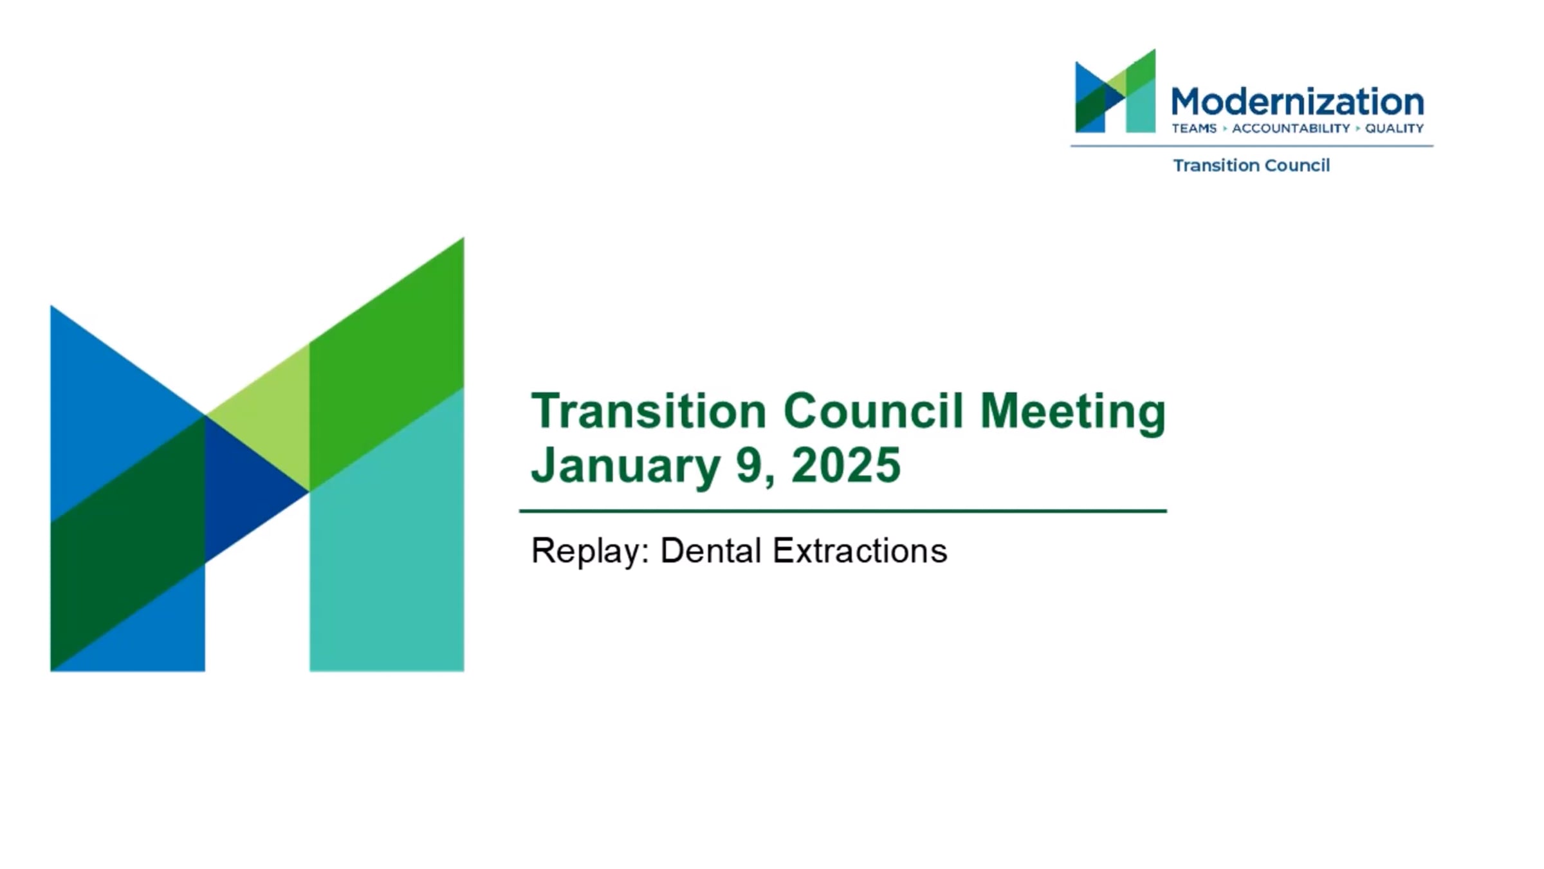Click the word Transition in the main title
click(x=648, y=411)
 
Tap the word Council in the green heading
click(x=873, y=411)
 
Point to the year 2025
click(x=846, y=465)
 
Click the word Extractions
click(x=859, y=551)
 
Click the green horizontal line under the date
click(x=843, y=511)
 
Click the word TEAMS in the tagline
click(x=1194, y=129)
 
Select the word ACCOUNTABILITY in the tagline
click(x=1291, y=129)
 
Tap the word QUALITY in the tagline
click(x=1394, y=129)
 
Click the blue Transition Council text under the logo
click(x=1251, y=165)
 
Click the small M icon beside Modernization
click(x=1116, y=91)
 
